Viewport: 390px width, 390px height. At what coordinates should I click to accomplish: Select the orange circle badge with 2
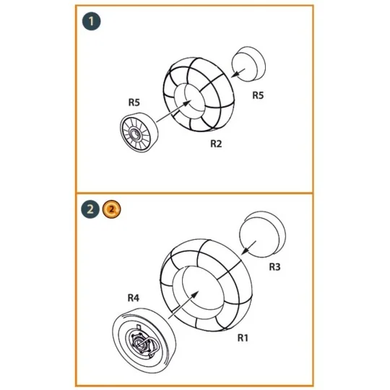[x=110, y=210]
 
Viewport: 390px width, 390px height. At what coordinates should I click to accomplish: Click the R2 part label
[x=215, y=144]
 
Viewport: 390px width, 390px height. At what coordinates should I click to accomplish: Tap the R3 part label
[x=274, y=267]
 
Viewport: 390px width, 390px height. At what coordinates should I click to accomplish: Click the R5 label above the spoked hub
[x=134, y=103]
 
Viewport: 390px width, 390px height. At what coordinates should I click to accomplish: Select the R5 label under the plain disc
[x=258, y=95]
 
